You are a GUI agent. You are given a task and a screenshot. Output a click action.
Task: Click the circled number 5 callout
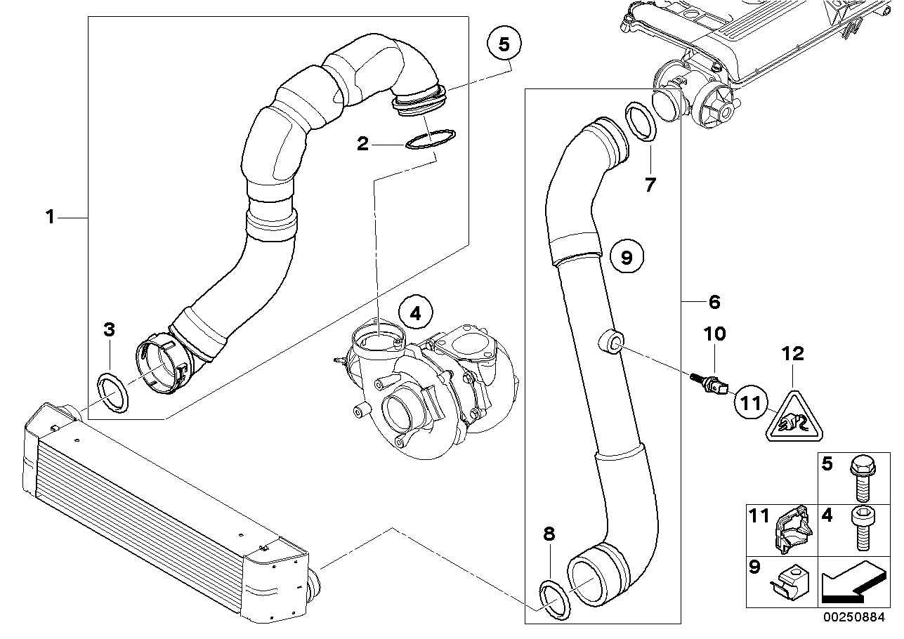pos(504,44)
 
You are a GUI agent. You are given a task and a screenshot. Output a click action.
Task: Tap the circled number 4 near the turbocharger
pos(416,314)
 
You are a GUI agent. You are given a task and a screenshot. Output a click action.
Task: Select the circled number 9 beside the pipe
pos(627,258)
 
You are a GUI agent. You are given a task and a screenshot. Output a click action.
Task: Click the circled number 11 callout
pos(750,403)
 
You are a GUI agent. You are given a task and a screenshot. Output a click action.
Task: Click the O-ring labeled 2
pos(430,139)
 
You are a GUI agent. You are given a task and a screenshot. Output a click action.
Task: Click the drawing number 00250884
pos(856,620)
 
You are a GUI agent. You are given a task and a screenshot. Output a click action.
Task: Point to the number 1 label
pos(50,218)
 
